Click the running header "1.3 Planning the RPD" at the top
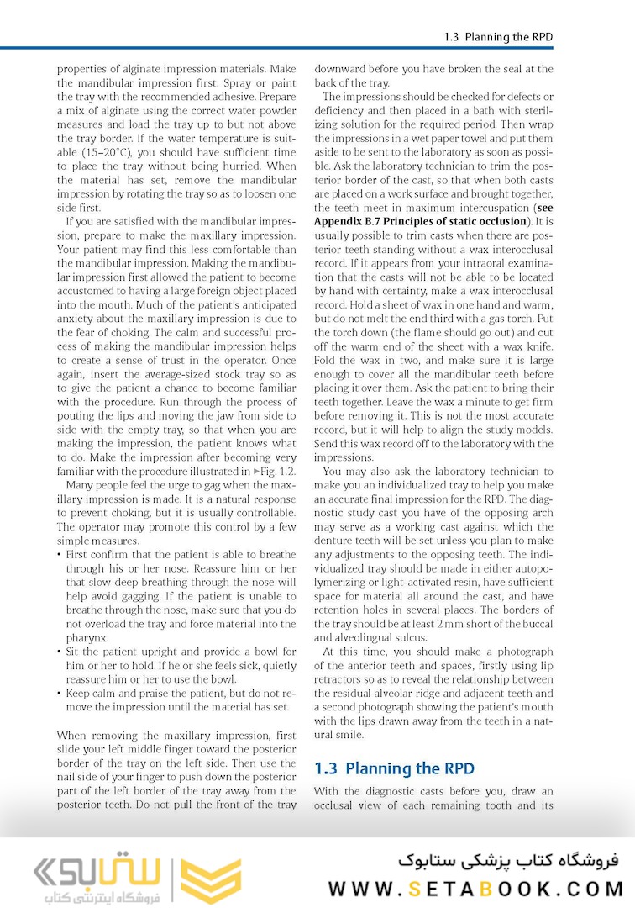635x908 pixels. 497,37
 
